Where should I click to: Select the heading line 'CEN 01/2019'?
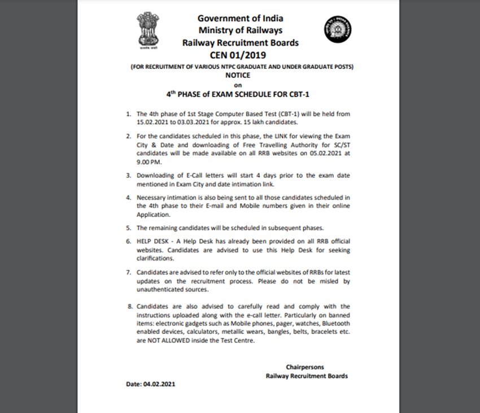(x=241, y=55)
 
